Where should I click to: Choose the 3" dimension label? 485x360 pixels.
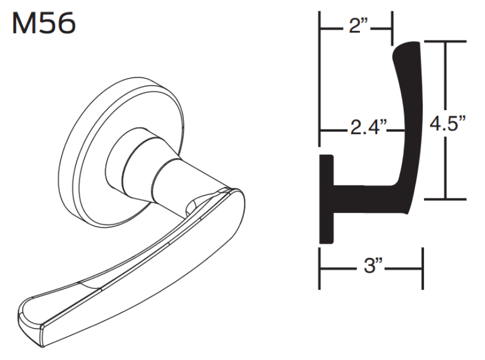(x=371, y=267)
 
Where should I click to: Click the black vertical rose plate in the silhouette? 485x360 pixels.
(x=326, y=200)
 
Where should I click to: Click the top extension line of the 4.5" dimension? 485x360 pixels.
(x=445, y=42)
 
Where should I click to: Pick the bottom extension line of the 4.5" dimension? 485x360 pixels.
(x=445, y=199)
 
